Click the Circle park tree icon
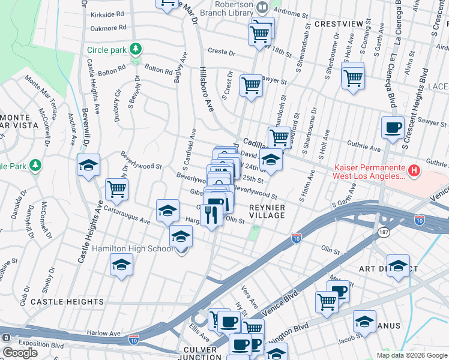point(137,49)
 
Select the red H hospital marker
point(414,172)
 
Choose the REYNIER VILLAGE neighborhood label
point(267,211)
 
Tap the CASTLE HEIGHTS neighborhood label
point(67,302)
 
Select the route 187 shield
point(383,232)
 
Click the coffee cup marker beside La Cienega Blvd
point(393,128)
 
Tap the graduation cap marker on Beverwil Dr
point(88,165)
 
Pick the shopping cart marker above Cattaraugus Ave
point(117,189)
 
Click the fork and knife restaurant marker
point(211,214)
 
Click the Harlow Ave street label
point(100,332)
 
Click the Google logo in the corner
point(20,353)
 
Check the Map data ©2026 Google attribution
point(411,355)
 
